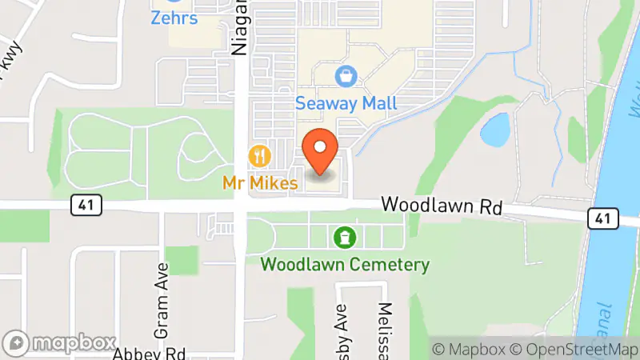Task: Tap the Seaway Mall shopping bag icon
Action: click(346, 78)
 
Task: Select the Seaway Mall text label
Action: click(346, 103)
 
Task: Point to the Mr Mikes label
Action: click(262, 183)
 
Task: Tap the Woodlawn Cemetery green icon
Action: click(345, 237)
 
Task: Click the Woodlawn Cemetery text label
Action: click(345, 264)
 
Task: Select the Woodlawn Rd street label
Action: click(441, 206)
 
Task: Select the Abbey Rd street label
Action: click(150, 353)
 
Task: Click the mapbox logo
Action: click(61, 343)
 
